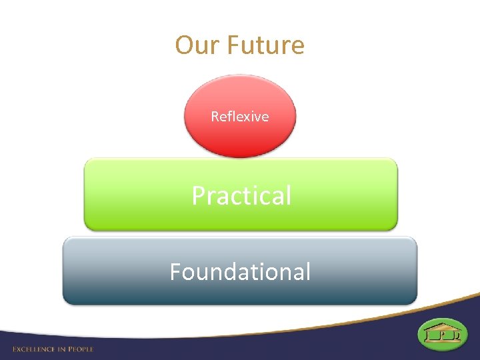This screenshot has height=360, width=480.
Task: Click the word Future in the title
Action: [265, 45]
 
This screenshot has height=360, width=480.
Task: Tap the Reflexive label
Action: [239, 117]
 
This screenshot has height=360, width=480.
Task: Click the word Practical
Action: [241, 195]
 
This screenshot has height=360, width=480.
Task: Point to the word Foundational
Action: [239, 271]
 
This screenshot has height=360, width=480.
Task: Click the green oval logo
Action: [442, 334]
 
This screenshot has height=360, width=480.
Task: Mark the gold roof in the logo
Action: [442, 327]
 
